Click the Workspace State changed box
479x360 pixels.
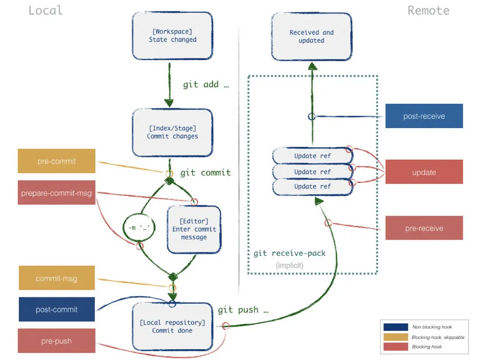172,36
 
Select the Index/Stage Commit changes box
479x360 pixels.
172,132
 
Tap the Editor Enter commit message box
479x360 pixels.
194,230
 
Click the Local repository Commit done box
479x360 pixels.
172,326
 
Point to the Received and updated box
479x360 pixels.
311,36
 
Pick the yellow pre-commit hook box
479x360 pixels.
56,161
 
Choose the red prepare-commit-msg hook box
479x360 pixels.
56,193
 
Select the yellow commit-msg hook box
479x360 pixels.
56,278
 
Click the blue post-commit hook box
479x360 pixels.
56,310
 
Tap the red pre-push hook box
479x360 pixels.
56,341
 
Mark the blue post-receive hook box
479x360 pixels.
424,116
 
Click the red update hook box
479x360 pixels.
424,172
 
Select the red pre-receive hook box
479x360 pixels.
424,228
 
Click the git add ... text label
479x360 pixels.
206,85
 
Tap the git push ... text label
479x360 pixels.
243,310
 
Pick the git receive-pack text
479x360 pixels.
290,253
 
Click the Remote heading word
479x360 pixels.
428,10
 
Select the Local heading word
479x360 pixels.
45,10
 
